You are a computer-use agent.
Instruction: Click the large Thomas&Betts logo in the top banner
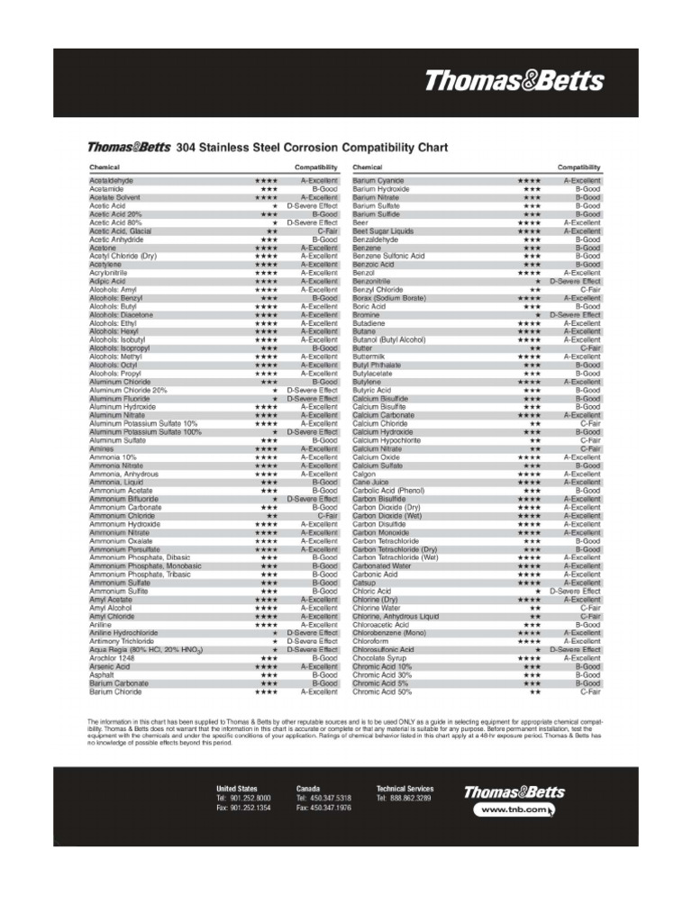[514, 81]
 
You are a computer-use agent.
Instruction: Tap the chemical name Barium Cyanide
[378, 181]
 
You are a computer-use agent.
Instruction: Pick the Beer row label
[360, 223]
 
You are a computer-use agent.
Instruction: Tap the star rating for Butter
[535, 348]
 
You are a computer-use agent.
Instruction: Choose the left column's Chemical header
[105, 167]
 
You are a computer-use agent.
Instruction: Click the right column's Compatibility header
[578, 167]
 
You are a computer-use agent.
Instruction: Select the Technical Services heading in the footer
[405, 789]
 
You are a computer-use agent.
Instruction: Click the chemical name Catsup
[365, 583]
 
